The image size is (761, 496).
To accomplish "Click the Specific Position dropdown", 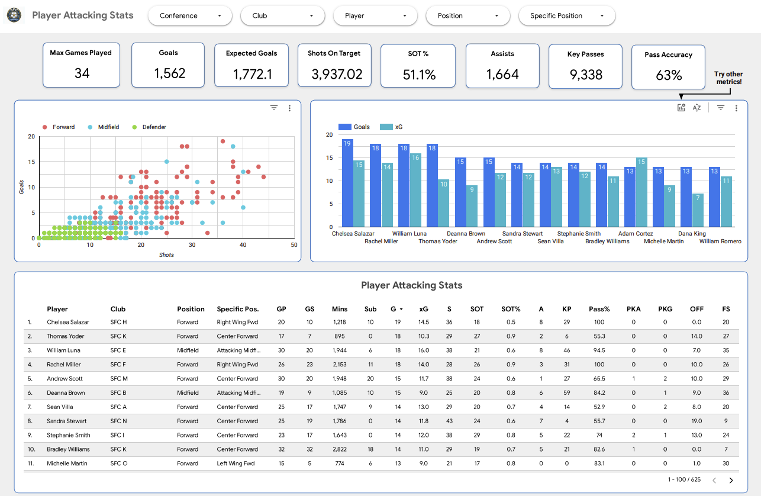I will (566, 16).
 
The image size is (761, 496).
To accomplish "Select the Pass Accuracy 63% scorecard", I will (668, 67).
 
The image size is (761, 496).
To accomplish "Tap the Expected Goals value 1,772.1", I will (252, 73).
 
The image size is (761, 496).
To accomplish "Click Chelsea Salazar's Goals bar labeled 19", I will (347, 183).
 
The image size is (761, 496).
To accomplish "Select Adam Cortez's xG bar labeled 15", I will (641, 192).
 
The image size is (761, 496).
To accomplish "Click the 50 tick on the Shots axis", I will (294, 245).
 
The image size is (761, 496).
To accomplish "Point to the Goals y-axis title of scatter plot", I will (22, 187).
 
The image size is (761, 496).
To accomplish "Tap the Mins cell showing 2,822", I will (340, 449).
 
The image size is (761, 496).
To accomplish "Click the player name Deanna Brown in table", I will (66, 393).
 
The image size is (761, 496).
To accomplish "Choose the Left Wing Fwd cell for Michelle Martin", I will (236, 463).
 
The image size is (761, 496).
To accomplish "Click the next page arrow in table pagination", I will (731, 480).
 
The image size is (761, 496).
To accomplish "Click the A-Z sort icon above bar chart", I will (696, 108).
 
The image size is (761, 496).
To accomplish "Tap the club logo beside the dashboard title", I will (14, 15).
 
